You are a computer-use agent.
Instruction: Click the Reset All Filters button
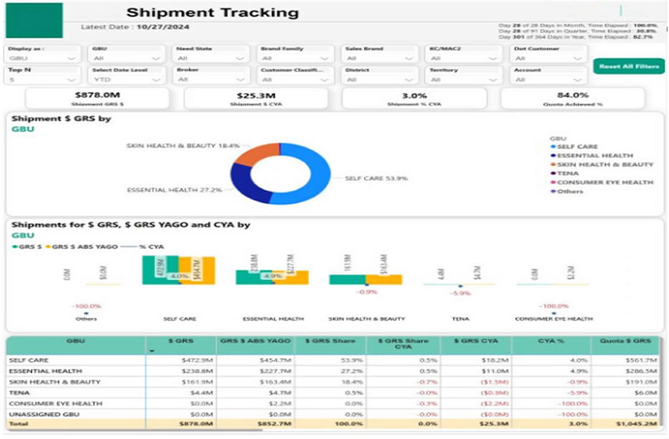[629, 66]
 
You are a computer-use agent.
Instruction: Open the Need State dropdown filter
[212, 58]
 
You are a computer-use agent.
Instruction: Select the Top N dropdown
[43, 80]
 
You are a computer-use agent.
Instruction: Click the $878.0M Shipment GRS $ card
[97, 99]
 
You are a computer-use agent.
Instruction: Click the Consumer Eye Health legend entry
[605, 182]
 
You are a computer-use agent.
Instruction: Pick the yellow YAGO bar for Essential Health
[291, 277]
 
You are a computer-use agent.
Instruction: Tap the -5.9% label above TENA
[460, 294]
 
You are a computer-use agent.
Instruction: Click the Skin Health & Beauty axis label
[367, 319]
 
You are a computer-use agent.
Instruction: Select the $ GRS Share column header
[331, 341]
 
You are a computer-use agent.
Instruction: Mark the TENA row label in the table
[17, 392]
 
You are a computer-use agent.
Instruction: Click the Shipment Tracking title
[212, 12]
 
